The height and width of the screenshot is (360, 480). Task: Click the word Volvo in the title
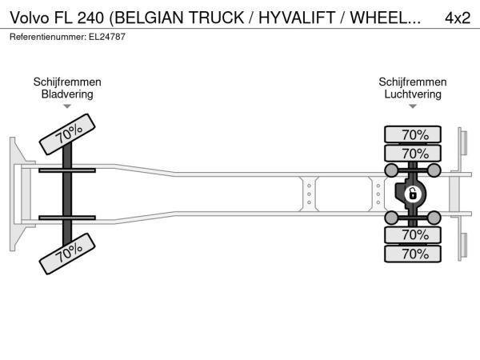pos(30,18)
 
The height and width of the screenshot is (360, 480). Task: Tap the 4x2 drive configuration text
pos(458,18)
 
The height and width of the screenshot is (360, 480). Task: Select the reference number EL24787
pos(107,37)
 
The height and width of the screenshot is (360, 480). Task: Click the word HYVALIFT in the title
pos(297,18)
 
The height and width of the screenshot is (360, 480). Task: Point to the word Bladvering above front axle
pos(67,94)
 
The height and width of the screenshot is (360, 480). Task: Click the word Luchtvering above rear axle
pos(413,94)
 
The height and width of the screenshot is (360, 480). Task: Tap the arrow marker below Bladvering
pos(67,106)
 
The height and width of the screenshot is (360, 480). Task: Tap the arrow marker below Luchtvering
pos(413,106)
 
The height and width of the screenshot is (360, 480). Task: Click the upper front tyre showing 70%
pos(67,134)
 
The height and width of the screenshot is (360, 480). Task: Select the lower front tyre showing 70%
pos(67,254)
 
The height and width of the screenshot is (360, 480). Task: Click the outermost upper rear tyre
pos(413,134)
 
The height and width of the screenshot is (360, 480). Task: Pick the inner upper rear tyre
pos(413,153)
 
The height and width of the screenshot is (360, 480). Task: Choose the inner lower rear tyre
pos(413,234)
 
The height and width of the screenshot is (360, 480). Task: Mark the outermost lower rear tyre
pos(413,254)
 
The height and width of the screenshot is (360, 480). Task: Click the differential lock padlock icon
pos(412,194)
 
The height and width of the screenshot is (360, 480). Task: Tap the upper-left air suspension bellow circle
pos(391,170)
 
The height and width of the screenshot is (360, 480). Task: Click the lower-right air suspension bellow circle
pos(434,218)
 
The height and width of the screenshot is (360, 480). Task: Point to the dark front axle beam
pos(67,194)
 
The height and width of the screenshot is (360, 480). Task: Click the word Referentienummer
pos(48,37)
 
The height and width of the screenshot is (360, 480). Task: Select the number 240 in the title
pos(90,18)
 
